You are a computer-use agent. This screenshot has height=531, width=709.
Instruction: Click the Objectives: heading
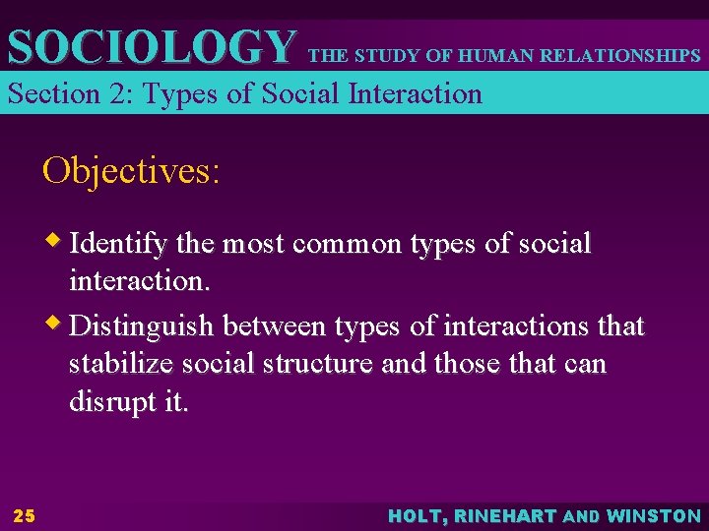point(131,171)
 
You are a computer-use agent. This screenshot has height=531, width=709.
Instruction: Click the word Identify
point(118,243)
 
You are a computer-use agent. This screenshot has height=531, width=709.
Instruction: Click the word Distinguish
point(144,324)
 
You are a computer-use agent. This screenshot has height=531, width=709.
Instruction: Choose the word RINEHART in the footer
point(506,515)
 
